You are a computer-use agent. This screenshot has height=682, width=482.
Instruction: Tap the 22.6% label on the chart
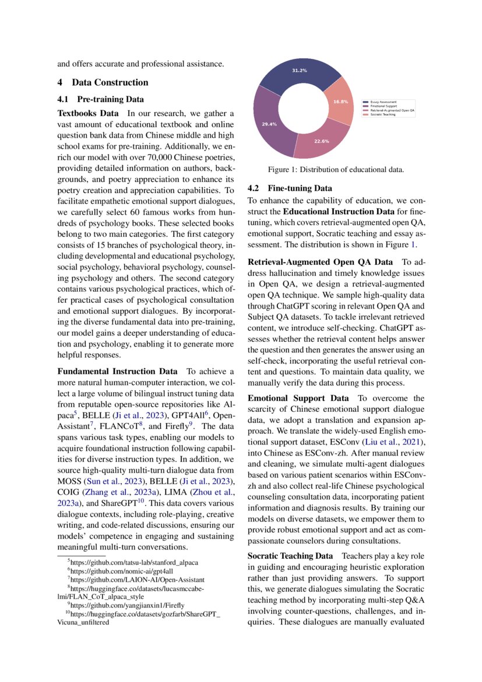[x=322, y=141]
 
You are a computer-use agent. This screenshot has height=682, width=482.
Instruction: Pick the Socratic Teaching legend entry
[x=382, y=114]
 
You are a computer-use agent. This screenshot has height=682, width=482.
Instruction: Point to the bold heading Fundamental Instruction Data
[x=117, y=372]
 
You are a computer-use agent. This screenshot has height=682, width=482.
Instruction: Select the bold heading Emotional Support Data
[x=298, y=398]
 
